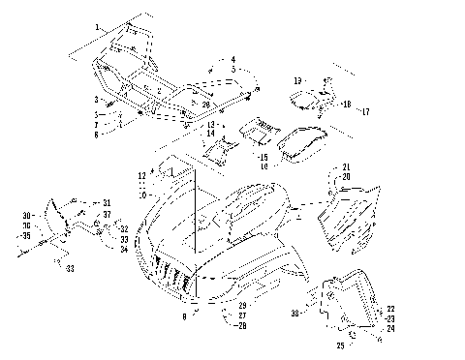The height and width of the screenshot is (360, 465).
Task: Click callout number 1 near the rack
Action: [x=98, y=22]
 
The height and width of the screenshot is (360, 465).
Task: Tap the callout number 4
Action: [x=232, y=60]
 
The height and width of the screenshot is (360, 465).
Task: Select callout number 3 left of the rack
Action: [x=97, y=99]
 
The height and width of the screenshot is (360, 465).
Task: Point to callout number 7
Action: [x=97, y=125]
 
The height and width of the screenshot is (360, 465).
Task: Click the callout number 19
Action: [x=297, y=80]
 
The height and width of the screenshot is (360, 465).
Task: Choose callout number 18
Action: [x=346, y=101]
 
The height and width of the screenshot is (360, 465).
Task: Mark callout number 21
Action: [x=346, y=167]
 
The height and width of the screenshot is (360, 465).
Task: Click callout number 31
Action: [x=107, y=201]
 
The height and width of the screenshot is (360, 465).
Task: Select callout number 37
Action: [x=107, y=215]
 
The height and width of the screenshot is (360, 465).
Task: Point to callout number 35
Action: [x=26, y=235]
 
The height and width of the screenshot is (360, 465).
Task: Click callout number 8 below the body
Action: [x=185, y=315]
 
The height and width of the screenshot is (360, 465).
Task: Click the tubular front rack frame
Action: [x=155, y=82]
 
